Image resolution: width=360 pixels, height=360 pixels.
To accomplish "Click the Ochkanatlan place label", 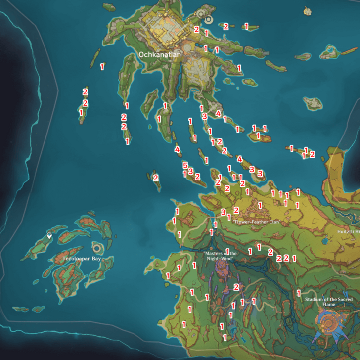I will coord(160,55).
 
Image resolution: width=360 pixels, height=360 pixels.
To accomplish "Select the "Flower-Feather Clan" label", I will coord(256,222).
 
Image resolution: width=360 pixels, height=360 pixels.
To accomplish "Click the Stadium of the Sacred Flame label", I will coord(322,302).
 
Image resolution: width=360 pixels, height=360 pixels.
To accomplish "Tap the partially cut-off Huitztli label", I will coord(348,231).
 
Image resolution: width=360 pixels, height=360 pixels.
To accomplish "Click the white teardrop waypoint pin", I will coord(49,236).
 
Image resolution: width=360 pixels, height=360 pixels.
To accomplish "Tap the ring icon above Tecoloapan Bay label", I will coord(98,247).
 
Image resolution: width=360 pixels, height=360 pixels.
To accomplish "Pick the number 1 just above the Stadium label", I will coord(298,293).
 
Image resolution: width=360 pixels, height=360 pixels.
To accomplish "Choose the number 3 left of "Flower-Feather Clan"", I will coord(223,212).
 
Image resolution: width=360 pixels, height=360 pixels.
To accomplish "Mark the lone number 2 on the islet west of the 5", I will coord(155,177).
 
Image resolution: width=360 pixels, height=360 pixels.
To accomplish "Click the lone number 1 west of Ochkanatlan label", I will coord(102,66).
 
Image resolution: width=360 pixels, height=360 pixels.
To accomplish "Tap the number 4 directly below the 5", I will coord(177,149).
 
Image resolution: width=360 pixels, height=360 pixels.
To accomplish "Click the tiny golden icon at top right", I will coord(308,10).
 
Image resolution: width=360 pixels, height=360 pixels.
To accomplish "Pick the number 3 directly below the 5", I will coord(190,171).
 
